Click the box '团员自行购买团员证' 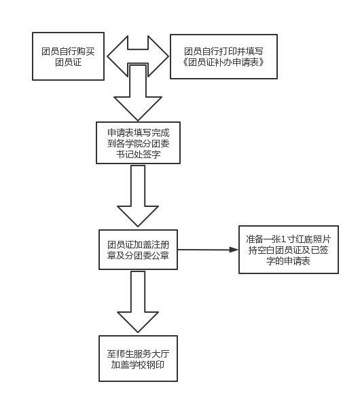tap(68, 56)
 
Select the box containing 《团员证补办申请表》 tap(223, 56)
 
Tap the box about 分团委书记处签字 tap(138, 142)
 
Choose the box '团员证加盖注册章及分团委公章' tap(138, 250)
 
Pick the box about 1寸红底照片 tap(289, 250)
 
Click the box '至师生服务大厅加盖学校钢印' tap(138, 358)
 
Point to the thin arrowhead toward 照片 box tap(234, 250)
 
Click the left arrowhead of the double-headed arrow tap(118, 56)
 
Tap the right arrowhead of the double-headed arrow tap(158, 56)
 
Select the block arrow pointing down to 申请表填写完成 tap(138, 93)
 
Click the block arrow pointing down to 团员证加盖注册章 tap(138, 196)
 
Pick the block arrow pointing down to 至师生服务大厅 tap(138, 302)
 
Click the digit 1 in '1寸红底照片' tap(283, 239)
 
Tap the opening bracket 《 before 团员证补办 tap(185, 62)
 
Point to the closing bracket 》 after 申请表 tap(262, 62)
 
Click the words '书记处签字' tap(138, 154)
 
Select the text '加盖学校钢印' tap(138, 365)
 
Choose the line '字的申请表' tap(288, 261)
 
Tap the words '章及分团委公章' tap(138, 256)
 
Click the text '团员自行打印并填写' tap(223, 52)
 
